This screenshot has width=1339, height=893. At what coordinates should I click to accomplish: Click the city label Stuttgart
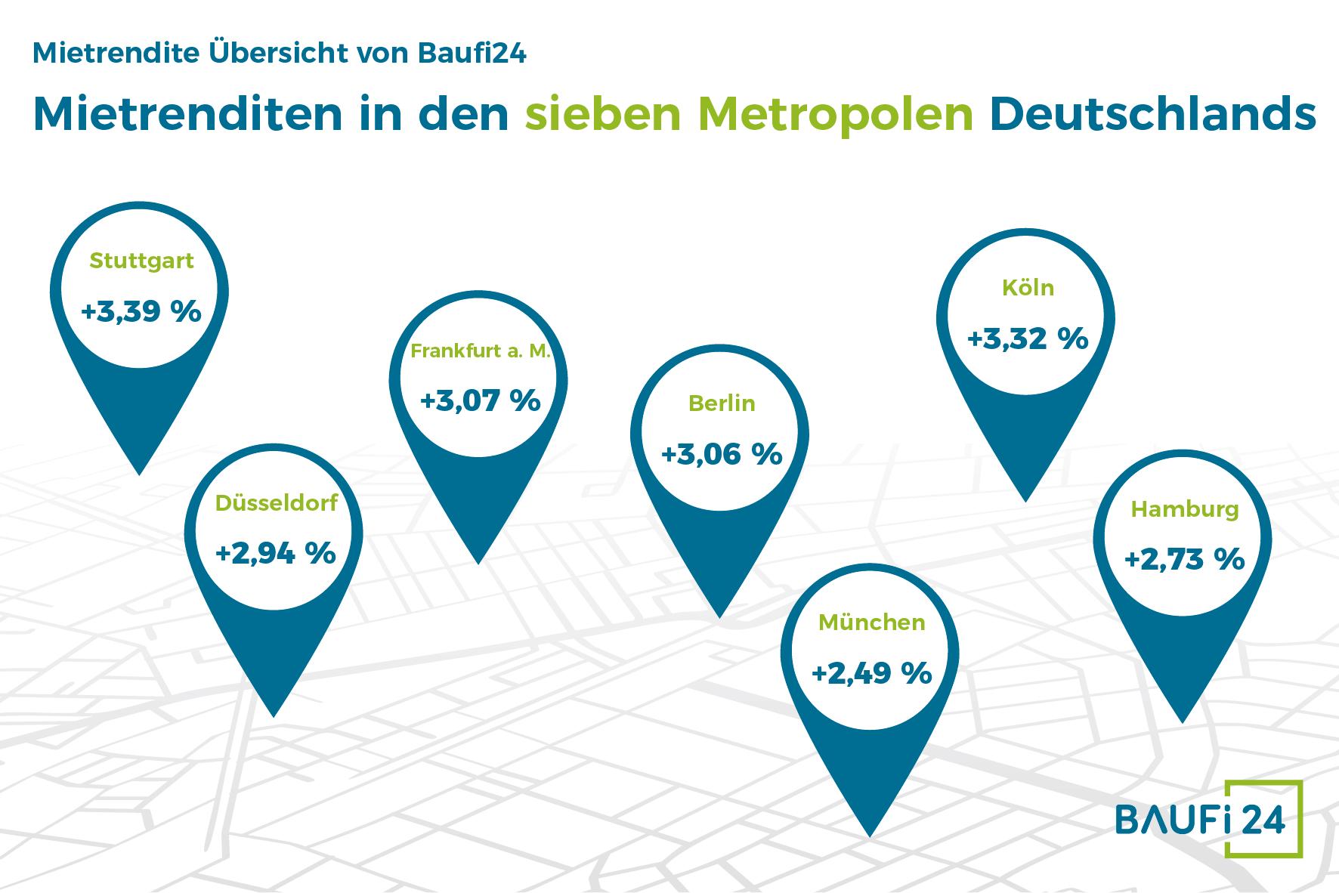click(x=141, y=261)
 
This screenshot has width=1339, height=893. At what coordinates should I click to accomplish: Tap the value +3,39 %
click(x=141, y=311)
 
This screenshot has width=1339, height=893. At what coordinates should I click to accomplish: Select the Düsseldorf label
click(x=276, y=503)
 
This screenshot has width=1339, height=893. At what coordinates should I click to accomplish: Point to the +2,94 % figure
click(x=276, y=553)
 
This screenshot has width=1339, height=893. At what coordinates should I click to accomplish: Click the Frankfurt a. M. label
click(x=481, y=351)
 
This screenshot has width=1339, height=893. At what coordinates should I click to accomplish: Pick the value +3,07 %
click(x=481, y=400)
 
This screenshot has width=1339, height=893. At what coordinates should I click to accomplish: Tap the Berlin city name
click(x=722, y=403)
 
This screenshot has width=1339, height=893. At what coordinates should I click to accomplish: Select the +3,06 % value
click(x=722, y=454)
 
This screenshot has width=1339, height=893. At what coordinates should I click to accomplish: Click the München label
click(x=871, y=623)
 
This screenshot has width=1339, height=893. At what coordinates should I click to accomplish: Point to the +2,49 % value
click(x=871, y=673)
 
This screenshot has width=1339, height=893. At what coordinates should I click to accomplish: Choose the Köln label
click(x=1027, y=288)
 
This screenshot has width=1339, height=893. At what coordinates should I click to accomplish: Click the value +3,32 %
click(x=1027, y=338)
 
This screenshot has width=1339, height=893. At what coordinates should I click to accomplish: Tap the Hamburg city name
click(x=1184, y=510)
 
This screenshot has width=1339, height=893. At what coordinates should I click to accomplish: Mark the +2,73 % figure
click(x=1184, y=560)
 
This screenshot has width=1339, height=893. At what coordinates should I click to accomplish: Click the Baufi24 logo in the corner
click(x=1209, y=820)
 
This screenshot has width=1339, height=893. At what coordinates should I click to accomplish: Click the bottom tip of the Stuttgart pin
click(x=140, y=472)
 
